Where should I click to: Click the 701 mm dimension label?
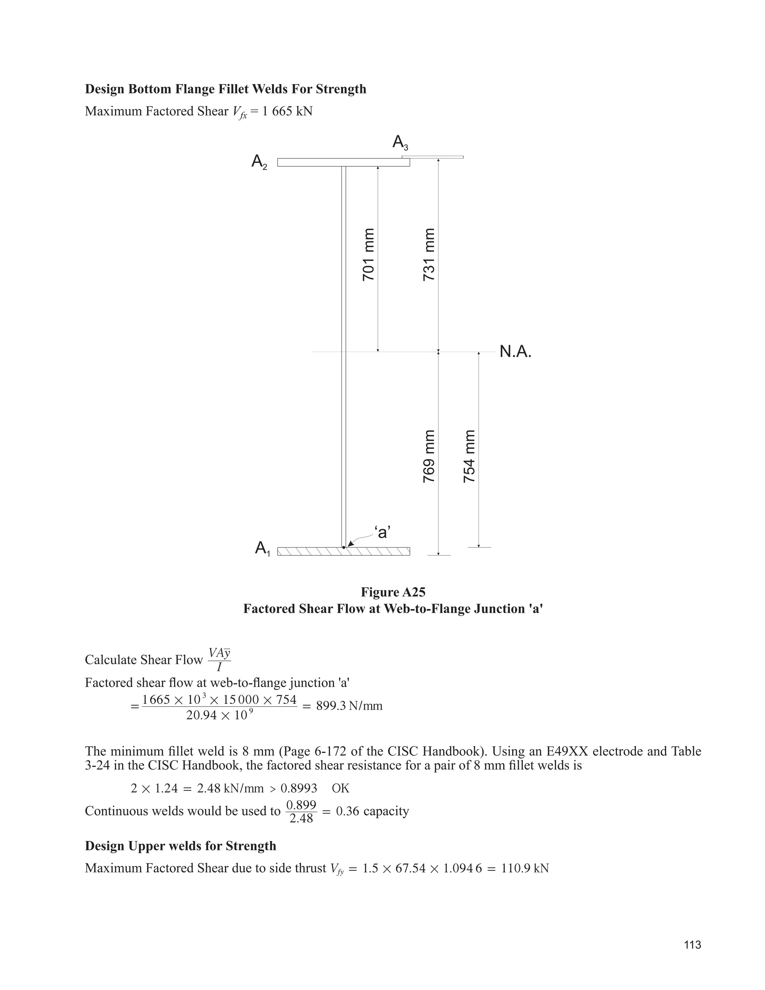click(369, 254)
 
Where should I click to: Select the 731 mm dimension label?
click(429, 254)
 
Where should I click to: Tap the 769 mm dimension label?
click(429, 456)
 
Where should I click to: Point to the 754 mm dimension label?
click(470, 456)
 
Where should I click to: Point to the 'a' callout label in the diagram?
click(382, 532)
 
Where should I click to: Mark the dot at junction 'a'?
click(344, 548)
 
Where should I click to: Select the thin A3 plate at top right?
click(433, 157)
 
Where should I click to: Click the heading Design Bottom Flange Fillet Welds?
click(225, 89)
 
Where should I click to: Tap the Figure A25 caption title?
click(393, 592)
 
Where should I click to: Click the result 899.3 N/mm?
click(349, 706)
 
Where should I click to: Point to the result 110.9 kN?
click(525, 868)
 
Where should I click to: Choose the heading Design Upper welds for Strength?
click(180, 846)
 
